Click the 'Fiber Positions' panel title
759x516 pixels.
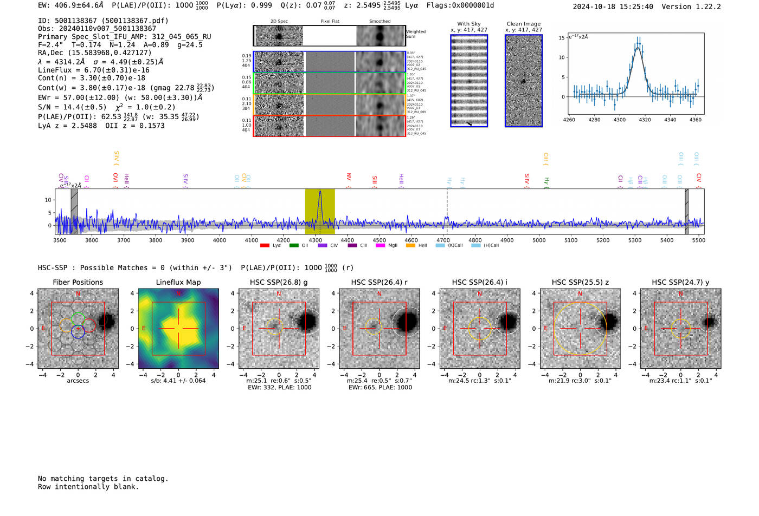pos(78,282)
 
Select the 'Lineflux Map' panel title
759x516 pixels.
pos(178,282)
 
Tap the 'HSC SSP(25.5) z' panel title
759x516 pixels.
pos(580,282)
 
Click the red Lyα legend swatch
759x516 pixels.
pos(265,246)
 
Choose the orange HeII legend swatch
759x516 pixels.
pos(410,246)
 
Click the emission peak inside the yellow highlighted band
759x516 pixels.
pos(320,192)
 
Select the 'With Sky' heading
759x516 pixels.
pos(469,24)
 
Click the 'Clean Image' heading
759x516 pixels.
pos(523,24)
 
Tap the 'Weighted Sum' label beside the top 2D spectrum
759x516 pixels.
pos(416,34)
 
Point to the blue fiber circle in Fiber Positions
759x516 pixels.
pos(78,332)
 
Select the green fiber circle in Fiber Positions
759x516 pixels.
pos(78,319)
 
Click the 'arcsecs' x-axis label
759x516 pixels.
pos(78,381)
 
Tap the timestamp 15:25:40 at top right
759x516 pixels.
pos(635,6)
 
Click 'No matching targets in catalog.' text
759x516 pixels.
pos(103,479)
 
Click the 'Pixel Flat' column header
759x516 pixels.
pos(330,22)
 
